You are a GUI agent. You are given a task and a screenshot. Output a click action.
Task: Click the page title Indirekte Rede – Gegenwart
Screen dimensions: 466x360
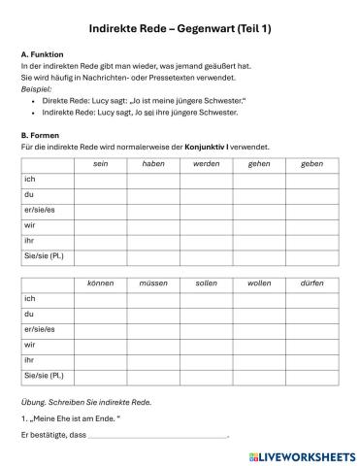[x=180, y=29]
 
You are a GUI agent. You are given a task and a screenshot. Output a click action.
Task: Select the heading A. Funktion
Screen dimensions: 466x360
[x=42, y=54]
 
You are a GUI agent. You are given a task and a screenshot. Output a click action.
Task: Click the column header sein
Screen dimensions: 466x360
[x=100, y=164]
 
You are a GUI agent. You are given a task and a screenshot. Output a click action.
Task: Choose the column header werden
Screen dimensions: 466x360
[x=206, y=164]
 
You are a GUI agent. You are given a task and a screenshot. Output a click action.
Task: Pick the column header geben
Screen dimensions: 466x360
[x=312, y=164]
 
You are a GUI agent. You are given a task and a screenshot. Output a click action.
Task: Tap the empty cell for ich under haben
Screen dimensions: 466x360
[x=153, y=180]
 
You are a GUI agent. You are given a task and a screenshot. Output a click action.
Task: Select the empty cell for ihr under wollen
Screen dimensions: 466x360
[x=259, y=359]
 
